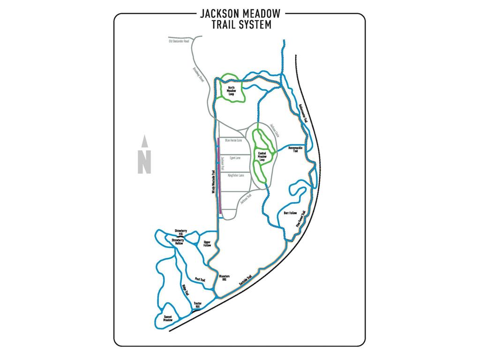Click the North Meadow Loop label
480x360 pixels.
pyautogui.click(x=231, y=90)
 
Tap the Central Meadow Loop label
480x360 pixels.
pyautogui.click(x=262, y=156)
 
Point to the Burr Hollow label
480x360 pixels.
pyautogui.click(x=291, y=213)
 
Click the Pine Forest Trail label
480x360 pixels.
pyautogui.click(x=300, y=219)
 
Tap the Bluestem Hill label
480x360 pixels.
pyautogui.click(x=224, y=278)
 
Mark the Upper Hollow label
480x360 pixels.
pyautogui.click(x=207, y=244)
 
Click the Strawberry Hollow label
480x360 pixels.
pyautogui.click(x=177, y=241)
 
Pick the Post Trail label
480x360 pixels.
pyautogui.click(x=200, y=279)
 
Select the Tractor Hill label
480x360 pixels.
pyautogui.click(x=198, y=305)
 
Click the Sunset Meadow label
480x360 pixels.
pyautogui.click(x=168, y=318)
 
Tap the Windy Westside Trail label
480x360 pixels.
pyautogui.click(x=213, y=182)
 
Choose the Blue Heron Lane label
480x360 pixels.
pyautogui.click(x=233, y=140)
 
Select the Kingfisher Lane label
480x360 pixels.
pyautogui.click(x=236, y=175)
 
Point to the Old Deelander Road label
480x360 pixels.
pyautogui.click(x=179, y=41)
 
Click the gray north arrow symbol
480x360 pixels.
pyautogui.click(x=144, y=155)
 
